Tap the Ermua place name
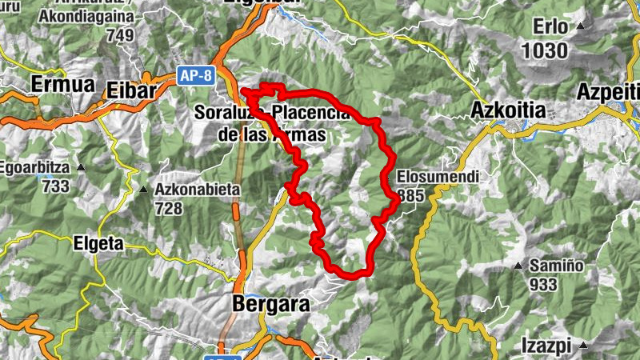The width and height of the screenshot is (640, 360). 62,84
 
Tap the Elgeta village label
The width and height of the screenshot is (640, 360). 98,242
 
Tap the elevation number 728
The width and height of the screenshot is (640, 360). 169,208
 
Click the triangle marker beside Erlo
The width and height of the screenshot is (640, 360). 581,26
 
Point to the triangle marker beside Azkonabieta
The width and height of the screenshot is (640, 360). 144,190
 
